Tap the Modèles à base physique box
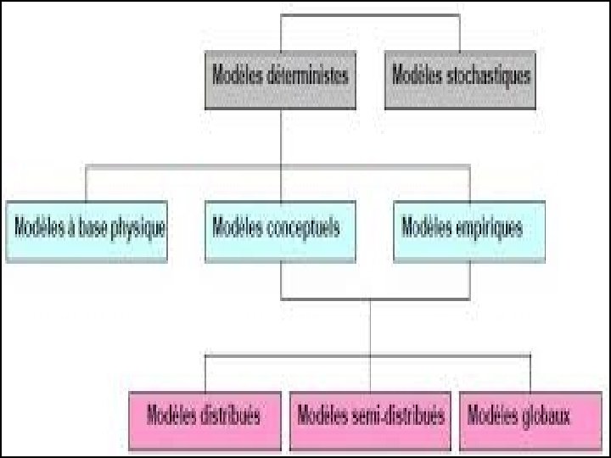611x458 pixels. click(x=87, y=229)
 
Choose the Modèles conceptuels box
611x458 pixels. click(x=280, y=229)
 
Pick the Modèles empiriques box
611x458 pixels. click(x=469, y=229)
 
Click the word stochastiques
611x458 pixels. click(x=487, y=75)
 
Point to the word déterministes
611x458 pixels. click(x=306, y=75)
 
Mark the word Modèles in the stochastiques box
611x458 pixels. click(x=417, y=75)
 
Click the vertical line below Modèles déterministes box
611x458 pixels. click(x=281, y=136)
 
